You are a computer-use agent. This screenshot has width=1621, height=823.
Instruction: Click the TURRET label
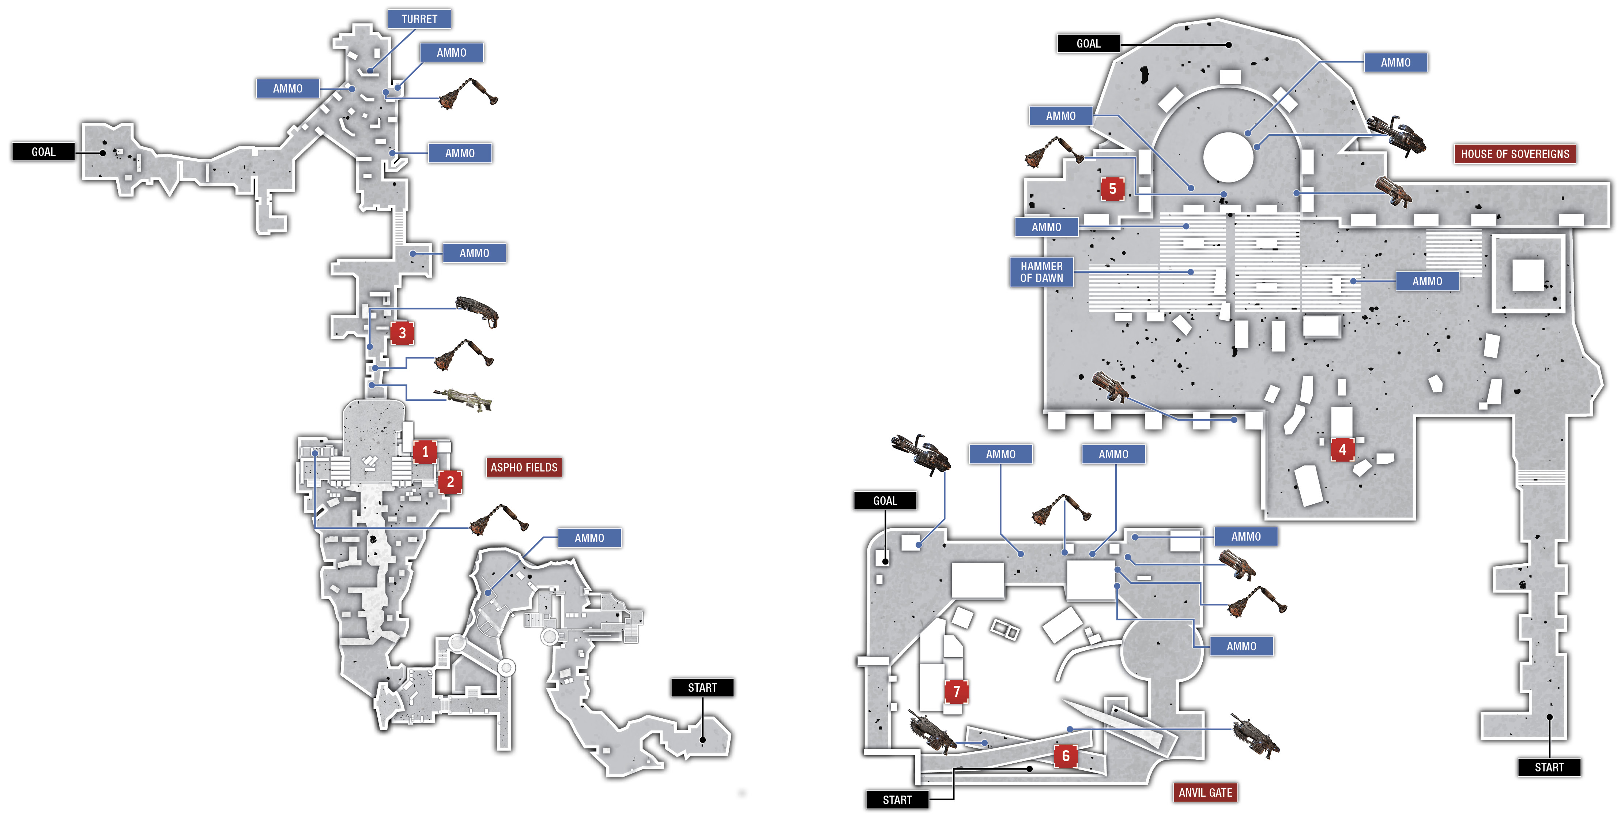click(419, 19)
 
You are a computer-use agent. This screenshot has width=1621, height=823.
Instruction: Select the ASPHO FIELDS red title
click(524, 467)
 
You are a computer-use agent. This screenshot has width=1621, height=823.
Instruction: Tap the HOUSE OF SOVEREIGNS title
click(1515, 154)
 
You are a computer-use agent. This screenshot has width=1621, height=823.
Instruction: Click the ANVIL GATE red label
click(1205, 792)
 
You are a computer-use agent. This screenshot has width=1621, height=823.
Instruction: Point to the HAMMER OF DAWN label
click(1041, 272)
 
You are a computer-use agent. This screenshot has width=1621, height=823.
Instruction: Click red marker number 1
click(425, 451)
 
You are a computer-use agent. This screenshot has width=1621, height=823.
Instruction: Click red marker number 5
click(1113, 189)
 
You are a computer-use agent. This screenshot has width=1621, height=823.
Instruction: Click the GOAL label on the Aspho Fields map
click(44, 152)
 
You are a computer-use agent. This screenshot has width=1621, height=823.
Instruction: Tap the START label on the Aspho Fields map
click(702, 688)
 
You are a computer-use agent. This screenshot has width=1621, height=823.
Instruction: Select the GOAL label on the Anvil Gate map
click(885, 501)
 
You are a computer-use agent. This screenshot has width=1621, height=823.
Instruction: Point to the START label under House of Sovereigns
click(1549, 767)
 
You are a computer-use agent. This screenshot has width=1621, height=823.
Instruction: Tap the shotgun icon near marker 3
click(477, 311)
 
